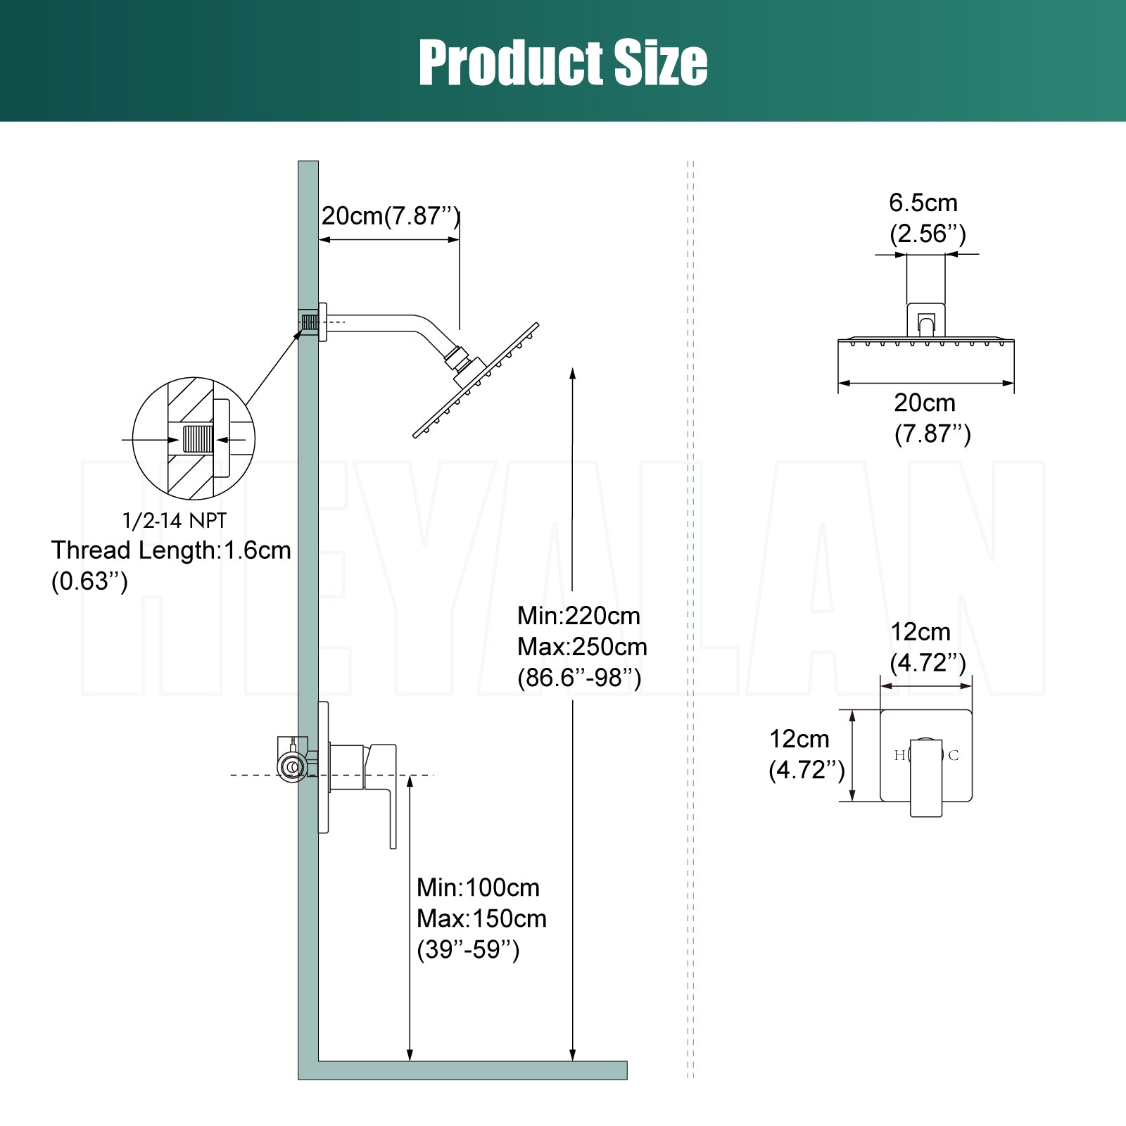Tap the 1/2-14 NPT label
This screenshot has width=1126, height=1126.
(x=175, y=521)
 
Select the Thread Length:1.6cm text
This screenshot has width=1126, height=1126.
(x=171, y=550)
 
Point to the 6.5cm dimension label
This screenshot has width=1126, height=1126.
(x=923, y=203)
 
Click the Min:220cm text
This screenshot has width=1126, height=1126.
(x=578, y=616)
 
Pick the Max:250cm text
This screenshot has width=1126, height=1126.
(x=582, y=647)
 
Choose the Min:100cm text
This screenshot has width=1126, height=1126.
(x=478, y=887)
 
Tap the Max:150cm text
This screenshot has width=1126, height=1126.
(x=481, y=918)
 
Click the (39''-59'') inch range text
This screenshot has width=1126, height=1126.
(x=468, y=949)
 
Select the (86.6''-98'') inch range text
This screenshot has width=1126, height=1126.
(x=579, y=678)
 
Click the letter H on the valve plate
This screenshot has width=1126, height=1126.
(x=899, y=756)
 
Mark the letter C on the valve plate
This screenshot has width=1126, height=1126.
(x=954, y=756)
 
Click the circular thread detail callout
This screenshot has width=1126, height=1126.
(x=194, y=438)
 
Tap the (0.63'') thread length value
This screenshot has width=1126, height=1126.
(x=89, y=581)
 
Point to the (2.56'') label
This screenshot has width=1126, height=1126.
(x=928, y=234)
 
